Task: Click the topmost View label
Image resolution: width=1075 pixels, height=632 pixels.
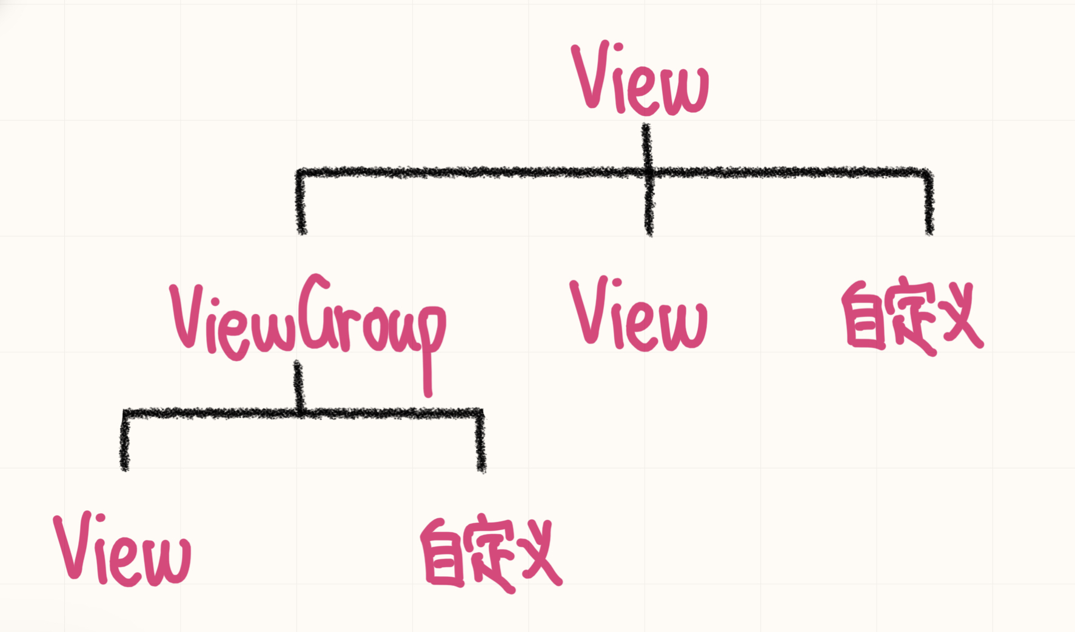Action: [x=640, y=79]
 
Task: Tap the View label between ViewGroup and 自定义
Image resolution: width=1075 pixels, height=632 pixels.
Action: [x=638, y=315]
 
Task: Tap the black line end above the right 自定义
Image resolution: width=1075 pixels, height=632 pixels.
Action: [x=928, y=224]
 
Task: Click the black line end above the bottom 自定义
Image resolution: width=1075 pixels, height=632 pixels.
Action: [x=481, y=462]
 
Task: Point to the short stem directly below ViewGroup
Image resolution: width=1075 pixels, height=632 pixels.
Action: [x=298, y=385]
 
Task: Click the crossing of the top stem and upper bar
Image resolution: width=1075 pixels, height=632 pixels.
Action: [x=648, y=173]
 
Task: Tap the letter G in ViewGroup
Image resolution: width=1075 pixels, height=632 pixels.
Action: [x=315, y=312]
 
